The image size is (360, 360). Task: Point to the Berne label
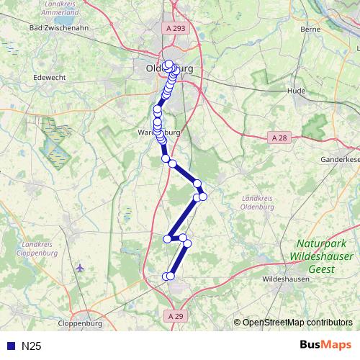(310, 30)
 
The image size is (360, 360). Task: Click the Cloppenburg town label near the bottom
(82, 323)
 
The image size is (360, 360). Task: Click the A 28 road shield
(279, 137)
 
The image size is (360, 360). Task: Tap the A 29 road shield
(174, 315)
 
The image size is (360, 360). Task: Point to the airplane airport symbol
(79, 268)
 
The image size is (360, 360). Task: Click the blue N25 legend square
(10, 346)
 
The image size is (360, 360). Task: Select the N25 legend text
(32, 346)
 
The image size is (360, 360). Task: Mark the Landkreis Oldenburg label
(261, 202)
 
